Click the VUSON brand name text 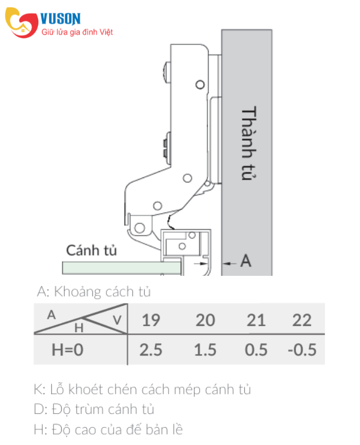coord(61,19)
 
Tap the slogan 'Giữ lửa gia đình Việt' coord(77,32)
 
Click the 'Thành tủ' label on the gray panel coord(249,144)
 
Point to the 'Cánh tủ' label coord(91,250)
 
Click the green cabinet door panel coord(122,268)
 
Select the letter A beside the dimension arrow coord(246,260)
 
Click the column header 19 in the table coord(151,320)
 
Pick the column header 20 coord(205,320)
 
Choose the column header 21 coord(256,320)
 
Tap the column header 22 coord(302,320)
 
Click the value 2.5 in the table coord(151,350)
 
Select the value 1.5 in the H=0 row coord(205,350)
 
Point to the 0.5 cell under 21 coord(256,350)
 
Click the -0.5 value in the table coord(302,350)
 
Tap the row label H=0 coord(67,350)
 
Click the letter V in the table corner coord(117,320)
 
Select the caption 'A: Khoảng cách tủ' coord(93,291)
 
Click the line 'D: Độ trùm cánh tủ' coord(94,409)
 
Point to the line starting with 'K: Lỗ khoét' coord(142,389)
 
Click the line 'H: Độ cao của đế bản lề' coord(108,429)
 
